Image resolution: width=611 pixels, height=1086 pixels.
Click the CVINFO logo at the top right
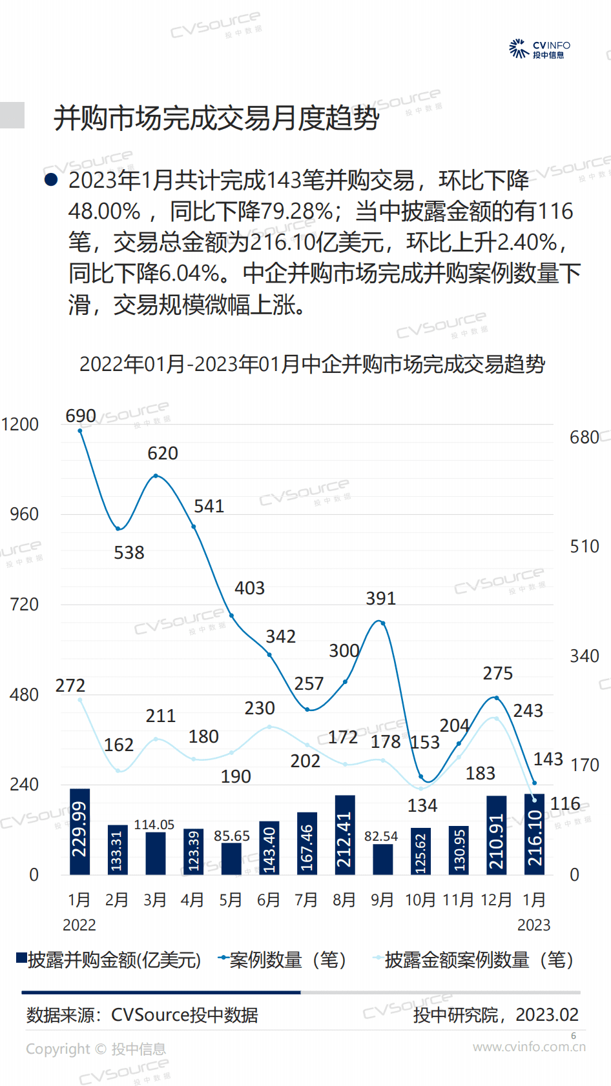[539, 49]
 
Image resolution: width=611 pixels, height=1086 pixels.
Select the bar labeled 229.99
[79, 831]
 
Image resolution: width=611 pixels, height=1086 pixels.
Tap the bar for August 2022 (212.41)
[345, 834]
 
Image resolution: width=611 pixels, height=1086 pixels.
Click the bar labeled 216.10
[534, 834]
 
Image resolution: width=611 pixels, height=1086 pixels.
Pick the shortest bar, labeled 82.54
[382, 859]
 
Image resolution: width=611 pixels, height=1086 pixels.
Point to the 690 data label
[81, 416]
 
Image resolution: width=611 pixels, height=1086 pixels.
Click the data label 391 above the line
[380, 599]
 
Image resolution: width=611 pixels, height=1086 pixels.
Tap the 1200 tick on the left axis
[20, 425]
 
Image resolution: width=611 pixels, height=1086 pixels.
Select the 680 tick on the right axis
[584, 437]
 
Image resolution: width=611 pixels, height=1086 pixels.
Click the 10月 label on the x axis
[420, 900]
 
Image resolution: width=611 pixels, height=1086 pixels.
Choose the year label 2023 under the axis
[533, 925]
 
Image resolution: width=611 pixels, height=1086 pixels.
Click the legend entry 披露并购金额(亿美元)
[109, 960]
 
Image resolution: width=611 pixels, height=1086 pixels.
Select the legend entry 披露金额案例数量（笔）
[474, 960]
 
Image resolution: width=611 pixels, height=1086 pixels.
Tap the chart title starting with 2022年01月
[312, 365]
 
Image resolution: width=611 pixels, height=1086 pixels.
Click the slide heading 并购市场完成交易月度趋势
[216, 118]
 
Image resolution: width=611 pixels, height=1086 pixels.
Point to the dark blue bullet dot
[51, 180]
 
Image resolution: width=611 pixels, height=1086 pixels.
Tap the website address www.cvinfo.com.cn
[529, 1047]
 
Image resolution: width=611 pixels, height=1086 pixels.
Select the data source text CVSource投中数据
[185, 1015]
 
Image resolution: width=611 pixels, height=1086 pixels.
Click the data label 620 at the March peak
[163, 454]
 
